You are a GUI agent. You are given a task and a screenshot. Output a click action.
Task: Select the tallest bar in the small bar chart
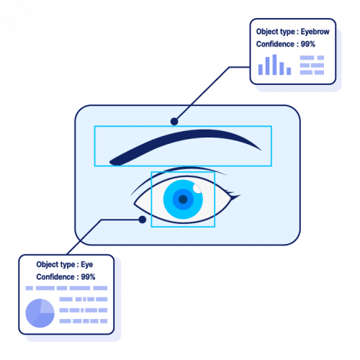coord(275,64)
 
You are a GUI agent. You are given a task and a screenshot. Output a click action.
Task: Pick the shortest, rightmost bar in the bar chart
coord(289,71)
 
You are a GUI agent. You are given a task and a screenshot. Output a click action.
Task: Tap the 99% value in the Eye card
coord(88,276)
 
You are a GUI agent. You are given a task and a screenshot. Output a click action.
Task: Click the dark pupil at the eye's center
coord(183,199)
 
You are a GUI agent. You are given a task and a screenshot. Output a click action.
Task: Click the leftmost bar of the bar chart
coord(261,68)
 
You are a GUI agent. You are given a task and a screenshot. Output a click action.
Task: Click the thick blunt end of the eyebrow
coord(113,160)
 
